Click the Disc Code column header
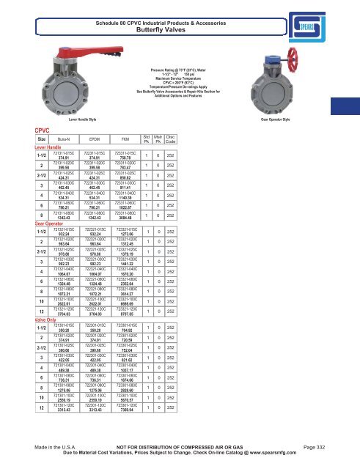(191, 137)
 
